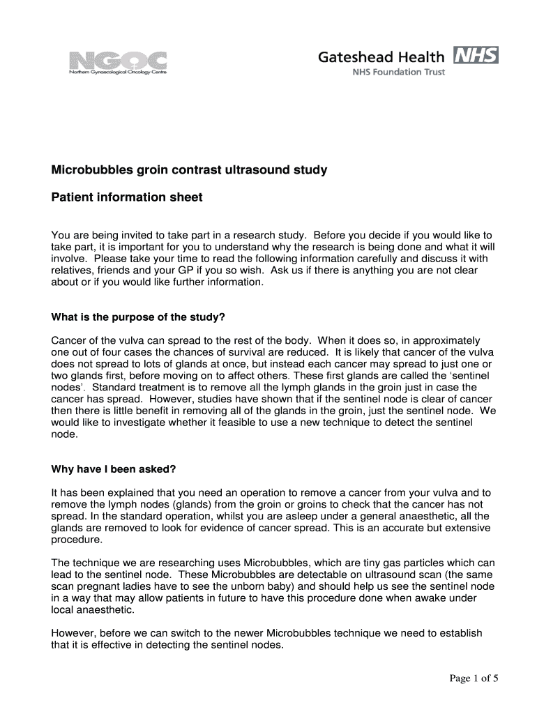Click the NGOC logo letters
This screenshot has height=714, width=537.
pyautogui.click(x=118, y=59)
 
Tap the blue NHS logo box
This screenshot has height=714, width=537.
pyautogui.click(x=476, y=56)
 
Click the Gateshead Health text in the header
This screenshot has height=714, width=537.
pyautogui.click(x=381, y=57)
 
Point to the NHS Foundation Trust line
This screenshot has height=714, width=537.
pyautogui.click(x=398, y=72)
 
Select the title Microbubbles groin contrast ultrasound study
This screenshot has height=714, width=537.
pyautogui.click(x=189, y=170)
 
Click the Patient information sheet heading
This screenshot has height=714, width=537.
pyautogui.click(x=127, y=197)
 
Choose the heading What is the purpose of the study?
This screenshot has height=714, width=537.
pyautogui.click(x=138, y=317)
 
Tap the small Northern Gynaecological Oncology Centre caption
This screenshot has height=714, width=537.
pyautogui.click(x=118, y=73)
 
